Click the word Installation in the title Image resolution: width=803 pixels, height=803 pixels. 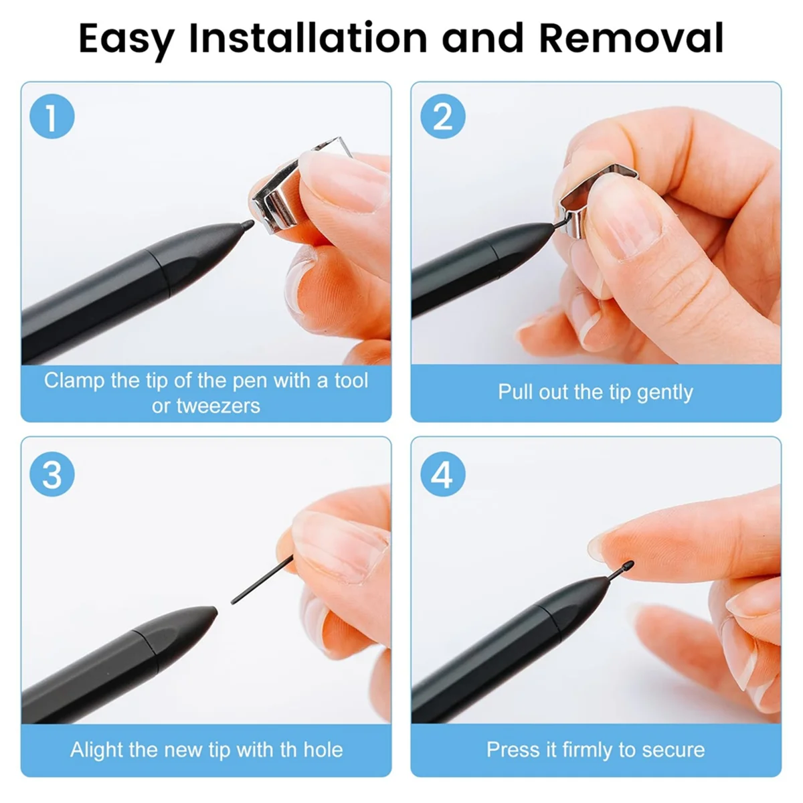307,37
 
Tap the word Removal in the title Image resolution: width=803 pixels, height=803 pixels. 631,37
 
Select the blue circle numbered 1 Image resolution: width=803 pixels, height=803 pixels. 52,117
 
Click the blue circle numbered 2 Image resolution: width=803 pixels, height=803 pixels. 442,117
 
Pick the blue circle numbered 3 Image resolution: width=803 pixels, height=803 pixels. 52,475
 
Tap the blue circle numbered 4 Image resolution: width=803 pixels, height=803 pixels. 442,475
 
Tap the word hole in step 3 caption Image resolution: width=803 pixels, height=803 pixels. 323,749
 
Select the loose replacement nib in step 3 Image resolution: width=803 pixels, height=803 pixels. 261,579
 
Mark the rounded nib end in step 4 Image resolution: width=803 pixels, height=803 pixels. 628,566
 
